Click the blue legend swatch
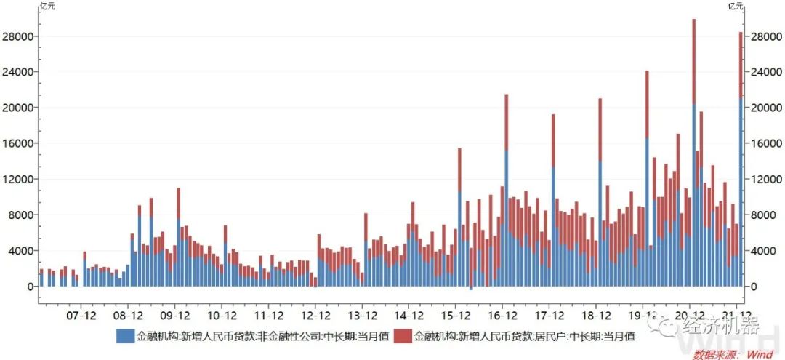[124, 336]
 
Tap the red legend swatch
[402, 336]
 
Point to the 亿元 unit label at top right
[736, 7]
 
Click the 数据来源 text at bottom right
[716, 354]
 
